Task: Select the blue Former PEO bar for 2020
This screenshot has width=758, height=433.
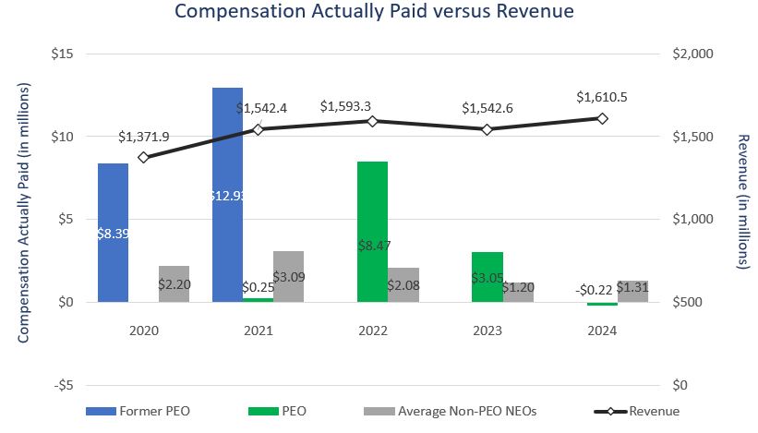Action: pyautogui.click(x=113, y=232)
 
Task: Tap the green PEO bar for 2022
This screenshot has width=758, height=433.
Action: pyautogui.click(x=372, y=231)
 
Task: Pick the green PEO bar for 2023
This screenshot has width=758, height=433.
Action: pyautogui.click(x=487, y=276)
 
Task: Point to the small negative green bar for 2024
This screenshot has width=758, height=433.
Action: pyautogui.click(x=602, y=304)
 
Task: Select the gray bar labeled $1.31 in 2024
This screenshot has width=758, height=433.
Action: pyautogui.click(x=632, y=291)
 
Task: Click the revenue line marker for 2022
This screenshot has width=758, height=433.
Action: pyautogui.click(x=372, y=121)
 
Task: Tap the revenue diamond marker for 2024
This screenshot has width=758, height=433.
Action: pyautogui.click(x=602, y=118)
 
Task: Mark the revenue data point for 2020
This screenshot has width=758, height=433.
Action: pyautogui.click(x=143, y=157)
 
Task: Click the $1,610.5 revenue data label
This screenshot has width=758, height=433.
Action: pyautogui.click(x=601, y=97)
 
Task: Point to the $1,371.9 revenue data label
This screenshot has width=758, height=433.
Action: pyautogui.click(x=144, y=137)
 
